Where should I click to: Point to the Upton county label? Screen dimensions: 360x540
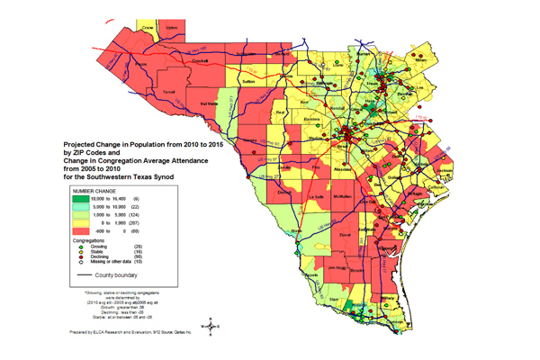tap(173, 28)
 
